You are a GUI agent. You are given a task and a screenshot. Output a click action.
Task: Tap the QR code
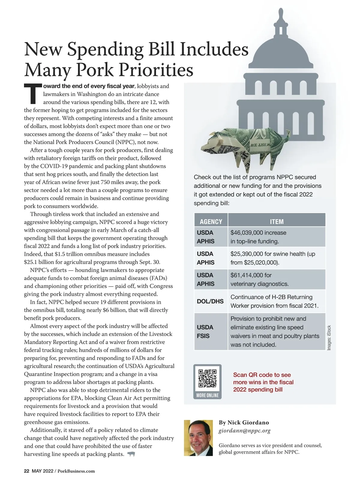click(207, 378)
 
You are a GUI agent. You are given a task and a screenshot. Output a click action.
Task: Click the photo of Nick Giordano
click(198, 438)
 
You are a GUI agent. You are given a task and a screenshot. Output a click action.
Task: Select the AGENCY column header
click(211, 222)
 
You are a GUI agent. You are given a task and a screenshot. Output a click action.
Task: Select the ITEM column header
click(277, 222)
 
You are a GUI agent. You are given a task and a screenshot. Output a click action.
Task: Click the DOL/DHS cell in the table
click(210, 301)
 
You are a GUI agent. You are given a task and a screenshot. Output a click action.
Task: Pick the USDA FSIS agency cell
click(205, 331)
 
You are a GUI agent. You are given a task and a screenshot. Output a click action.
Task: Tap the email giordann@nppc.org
click(244, 431)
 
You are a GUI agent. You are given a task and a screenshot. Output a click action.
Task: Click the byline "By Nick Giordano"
click(244, 422)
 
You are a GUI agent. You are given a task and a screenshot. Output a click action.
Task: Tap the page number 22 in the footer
click(26, 471)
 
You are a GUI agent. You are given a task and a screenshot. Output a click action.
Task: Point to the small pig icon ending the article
click(131, 454)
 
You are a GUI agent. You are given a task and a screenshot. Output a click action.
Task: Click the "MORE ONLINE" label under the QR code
click(208, 395)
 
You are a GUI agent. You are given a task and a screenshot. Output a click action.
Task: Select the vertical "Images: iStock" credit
click(329, 337)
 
